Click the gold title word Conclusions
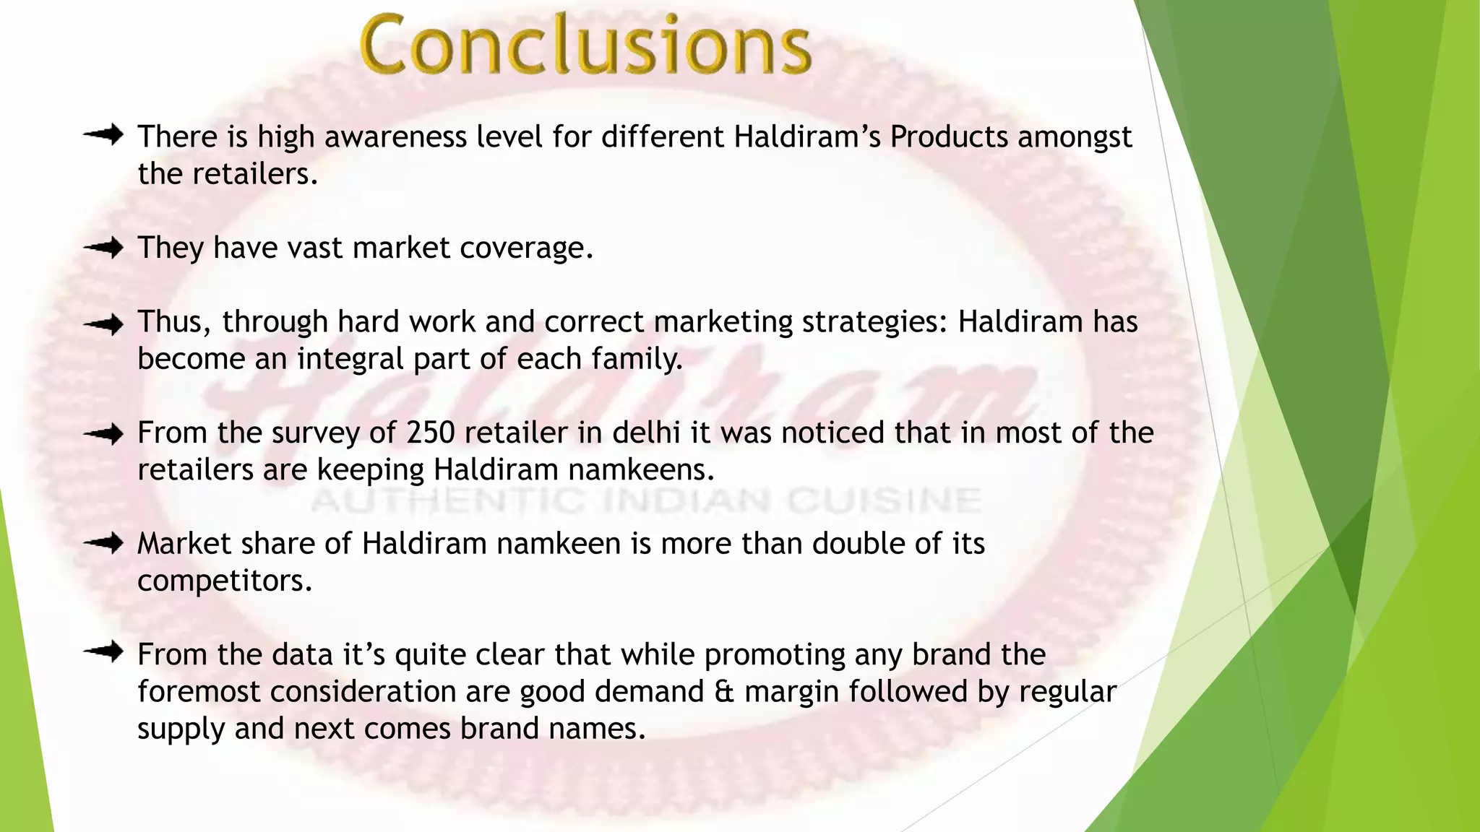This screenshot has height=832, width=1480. pos(585,45)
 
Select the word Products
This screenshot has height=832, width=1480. pos(948,136)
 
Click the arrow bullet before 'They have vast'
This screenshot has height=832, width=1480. pos(103,248)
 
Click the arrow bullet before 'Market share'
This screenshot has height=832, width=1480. pos(103,543)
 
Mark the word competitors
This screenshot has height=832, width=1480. pos(224,581)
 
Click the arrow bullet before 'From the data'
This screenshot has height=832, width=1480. pos(103,652)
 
